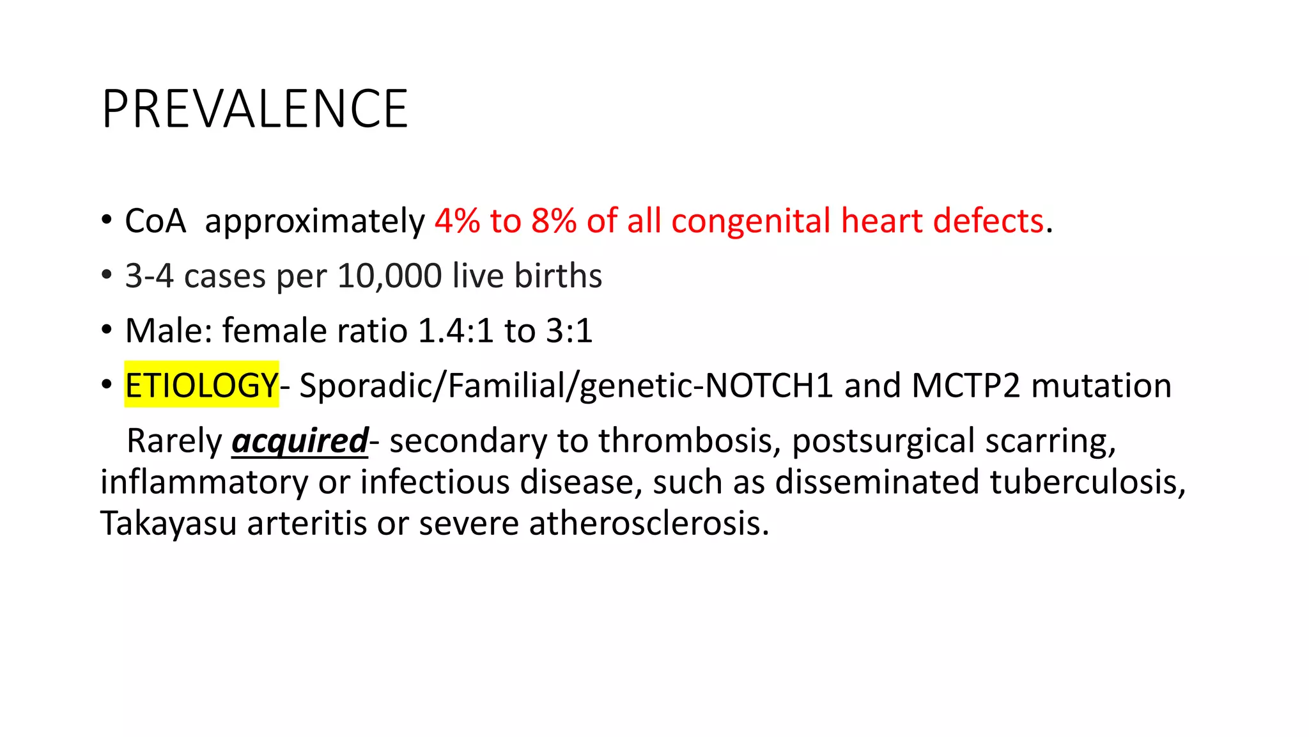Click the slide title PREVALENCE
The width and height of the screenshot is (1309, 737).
click(254, 109)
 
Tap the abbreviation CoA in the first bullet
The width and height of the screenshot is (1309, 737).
click(155, 221)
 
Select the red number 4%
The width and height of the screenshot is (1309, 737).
click(457, 221)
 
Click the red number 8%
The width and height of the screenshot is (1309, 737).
click(554, 221)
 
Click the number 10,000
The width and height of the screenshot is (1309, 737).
click(389, 276)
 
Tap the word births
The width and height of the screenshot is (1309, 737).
click(558, 276)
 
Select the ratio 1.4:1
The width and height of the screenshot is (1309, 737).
click(455, 331)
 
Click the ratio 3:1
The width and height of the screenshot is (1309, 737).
click(569, 331)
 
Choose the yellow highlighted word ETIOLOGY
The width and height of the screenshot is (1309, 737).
click(201, 386)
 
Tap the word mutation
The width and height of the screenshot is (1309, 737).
click(1101, 386)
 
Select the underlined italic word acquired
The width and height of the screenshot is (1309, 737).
click(300, 441)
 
